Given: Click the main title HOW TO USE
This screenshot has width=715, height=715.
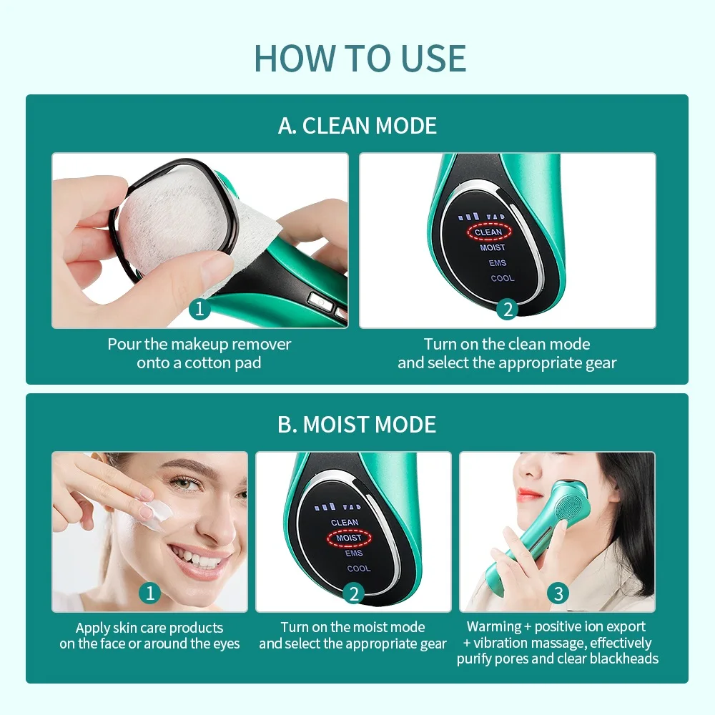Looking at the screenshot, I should coord(360,58).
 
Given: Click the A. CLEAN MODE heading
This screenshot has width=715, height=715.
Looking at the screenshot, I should coord(357,126).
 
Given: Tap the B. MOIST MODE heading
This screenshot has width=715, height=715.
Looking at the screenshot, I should coord(357,425).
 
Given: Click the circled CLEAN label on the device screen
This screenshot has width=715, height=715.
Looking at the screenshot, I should coord(488,232).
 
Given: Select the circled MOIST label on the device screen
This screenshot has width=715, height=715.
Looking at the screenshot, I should coord(349,538).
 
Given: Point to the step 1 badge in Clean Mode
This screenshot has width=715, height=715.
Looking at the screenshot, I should coord(200,310).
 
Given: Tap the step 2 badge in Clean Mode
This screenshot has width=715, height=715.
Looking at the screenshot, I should coord(507,310).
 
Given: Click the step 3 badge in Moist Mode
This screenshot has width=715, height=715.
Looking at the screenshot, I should coord(558,593).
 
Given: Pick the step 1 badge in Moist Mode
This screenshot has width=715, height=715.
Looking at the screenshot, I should coord(149,593).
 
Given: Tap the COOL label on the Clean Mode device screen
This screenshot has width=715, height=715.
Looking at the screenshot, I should coord(502,278).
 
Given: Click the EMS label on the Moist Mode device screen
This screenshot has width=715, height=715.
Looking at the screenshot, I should coord(353,553).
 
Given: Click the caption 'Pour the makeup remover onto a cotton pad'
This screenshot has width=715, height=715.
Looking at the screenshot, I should coord(199,353).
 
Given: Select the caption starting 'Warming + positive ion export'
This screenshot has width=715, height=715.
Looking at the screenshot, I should coord(557,643).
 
